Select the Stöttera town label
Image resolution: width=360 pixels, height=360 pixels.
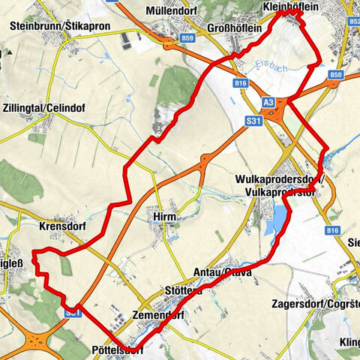point(182,290)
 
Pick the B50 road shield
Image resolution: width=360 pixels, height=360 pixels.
point(334,75)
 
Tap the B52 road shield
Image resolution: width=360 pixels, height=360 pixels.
point(353,22)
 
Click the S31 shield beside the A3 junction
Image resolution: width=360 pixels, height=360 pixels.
point(254,119)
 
